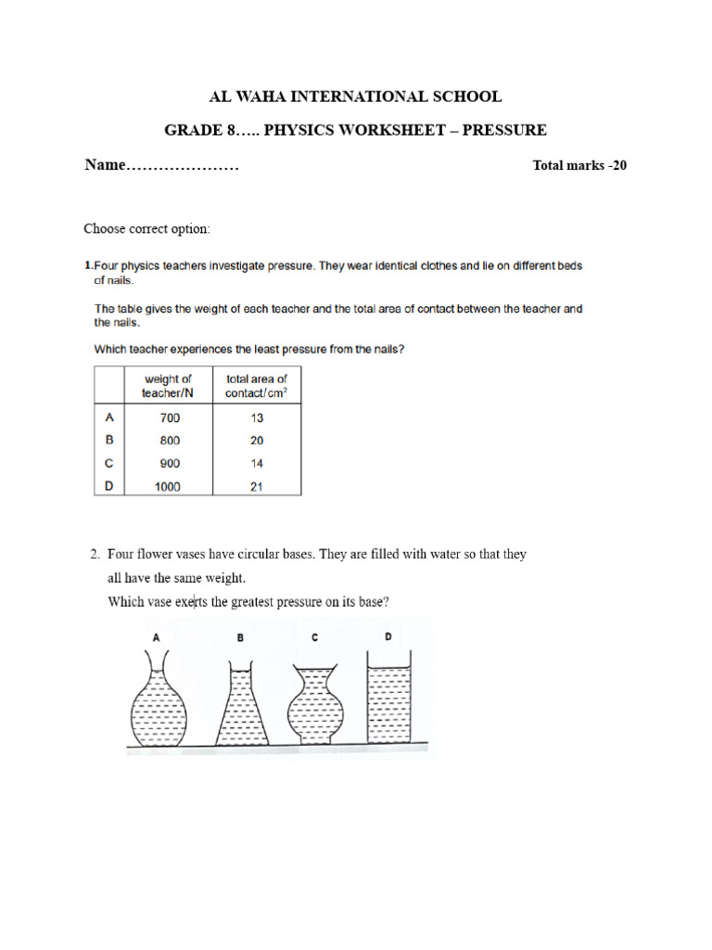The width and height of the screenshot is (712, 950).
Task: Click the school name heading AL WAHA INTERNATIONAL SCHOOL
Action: pyautogui.click(x=357, y=96)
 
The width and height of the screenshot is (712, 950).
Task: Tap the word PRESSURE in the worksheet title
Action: pyautogui.click(x=504, y=130)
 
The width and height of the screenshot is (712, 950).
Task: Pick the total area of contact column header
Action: pyautogui.click(x=256, y=386)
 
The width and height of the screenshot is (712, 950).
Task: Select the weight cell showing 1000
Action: pyautogui.click(x=168, y=486)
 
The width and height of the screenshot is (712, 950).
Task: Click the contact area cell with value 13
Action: pyautogui.click(x=256, y=418)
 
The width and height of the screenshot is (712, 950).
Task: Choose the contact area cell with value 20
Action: pyautogui.click(x=256, y=441)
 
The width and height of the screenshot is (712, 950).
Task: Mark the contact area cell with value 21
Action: pyautogui.click(x=256, y=486)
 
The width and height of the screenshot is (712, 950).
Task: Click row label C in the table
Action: pyautogui.click(x=108, y=463)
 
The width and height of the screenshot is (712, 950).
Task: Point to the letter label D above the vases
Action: pyautogui.click(x=388, y=636)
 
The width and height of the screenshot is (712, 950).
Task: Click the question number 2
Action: pyautogui.click(x=95, y=555)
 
